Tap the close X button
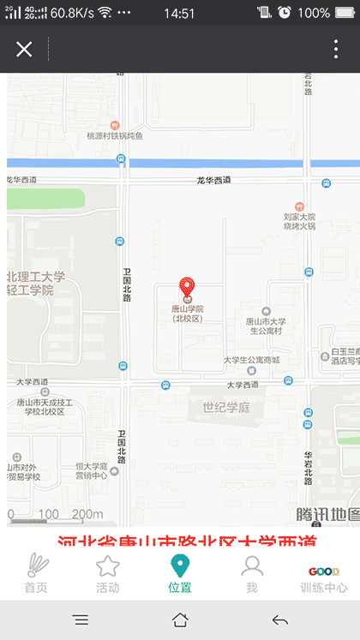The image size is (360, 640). [24, 49]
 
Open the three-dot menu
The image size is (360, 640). [336, 49]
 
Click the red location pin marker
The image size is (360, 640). [186, 287]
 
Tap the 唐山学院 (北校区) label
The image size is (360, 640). [187, 314]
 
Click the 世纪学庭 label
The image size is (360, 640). [226, 407]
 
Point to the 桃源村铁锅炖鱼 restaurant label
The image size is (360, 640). [115, 135]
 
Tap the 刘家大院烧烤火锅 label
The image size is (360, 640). [299, 221]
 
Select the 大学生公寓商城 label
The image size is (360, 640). [251, 360]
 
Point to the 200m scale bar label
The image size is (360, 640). [87, 514]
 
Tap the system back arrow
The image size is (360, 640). [279, 620]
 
